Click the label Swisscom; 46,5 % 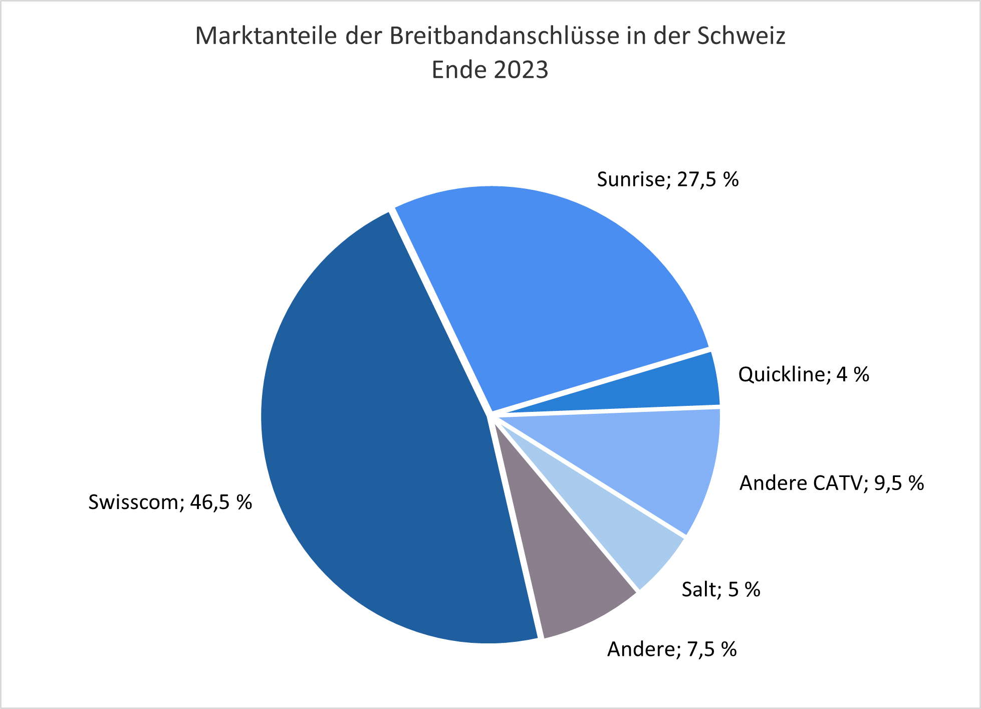(x=170, y=502)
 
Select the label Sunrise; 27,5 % (x=667, y=179)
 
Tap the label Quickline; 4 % (x=804, y=374)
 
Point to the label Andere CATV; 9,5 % (x=832, y=483)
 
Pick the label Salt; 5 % (x=721, y=590)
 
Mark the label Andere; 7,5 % (x=672, y=649)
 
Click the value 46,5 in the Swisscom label (x=206, y=502)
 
